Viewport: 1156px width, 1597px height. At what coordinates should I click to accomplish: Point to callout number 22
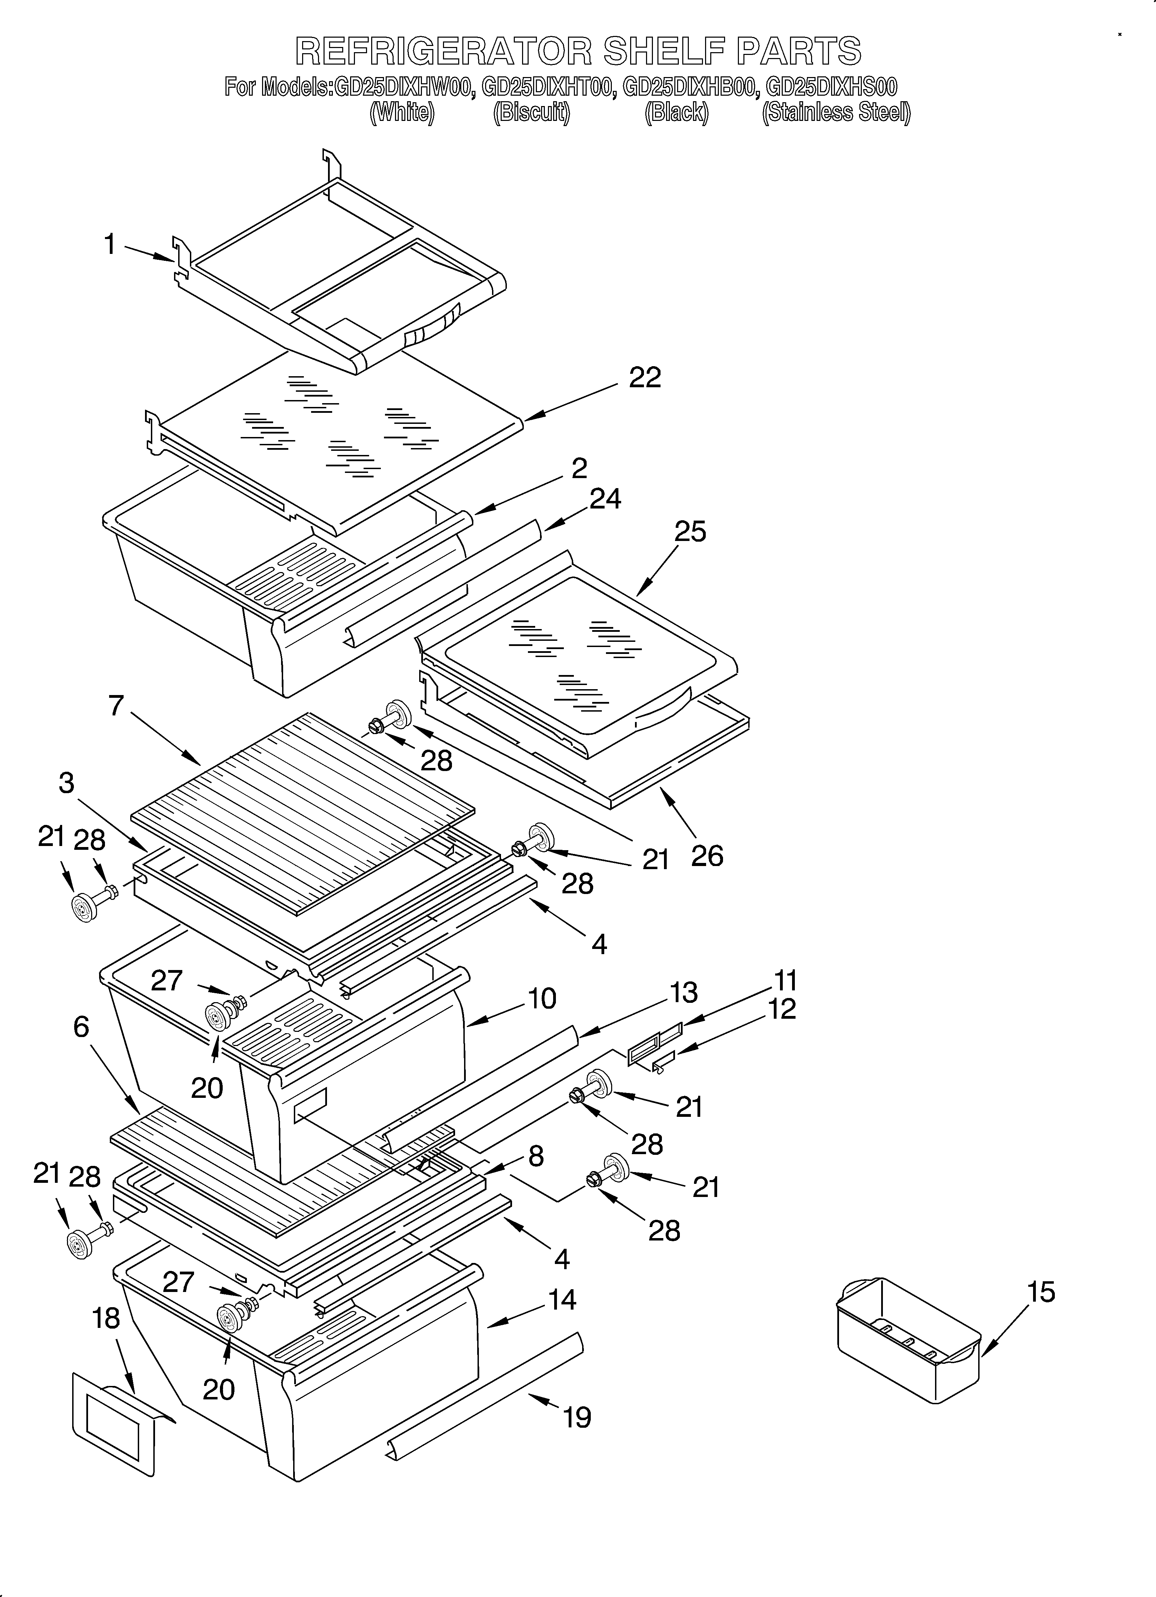pos(645,378)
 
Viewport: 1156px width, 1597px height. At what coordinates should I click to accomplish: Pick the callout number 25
pos(690,532)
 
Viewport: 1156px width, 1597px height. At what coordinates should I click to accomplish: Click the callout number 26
pos(707,856)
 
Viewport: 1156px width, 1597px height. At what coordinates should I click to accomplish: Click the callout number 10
pos(542,998)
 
